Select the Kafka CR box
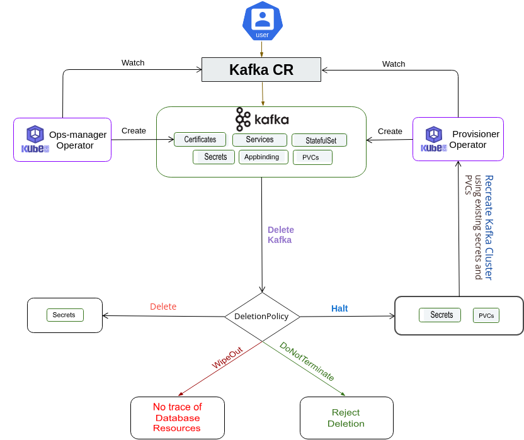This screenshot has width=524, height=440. point(261,70)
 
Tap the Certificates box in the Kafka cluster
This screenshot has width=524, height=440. point(200,140)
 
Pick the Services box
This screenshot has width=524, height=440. point(259,140)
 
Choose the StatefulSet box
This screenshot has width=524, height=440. point(321,140)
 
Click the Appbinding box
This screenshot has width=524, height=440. point(261,157)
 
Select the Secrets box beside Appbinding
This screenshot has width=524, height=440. point(215,157)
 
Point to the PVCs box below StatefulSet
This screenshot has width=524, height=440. point(312,157)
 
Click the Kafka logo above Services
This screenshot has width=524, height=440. point(262,120)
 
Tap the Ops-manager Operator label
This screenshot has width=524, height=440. point(77,140)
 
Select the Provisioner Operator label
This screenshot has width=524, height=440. point(472,139)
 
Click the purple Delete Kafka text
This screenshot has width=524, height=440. point(280,235)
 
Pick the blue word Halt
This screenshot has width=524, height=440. point(339,308)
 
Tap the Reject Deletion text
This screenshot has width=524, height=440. point(346,418)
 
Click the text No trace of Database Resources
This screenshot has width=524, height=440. point(177,417)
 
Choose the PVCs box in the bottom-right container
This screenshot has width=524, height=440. point(486,315)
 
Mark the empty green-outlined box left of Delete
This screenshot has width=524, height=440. point(65,315)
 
